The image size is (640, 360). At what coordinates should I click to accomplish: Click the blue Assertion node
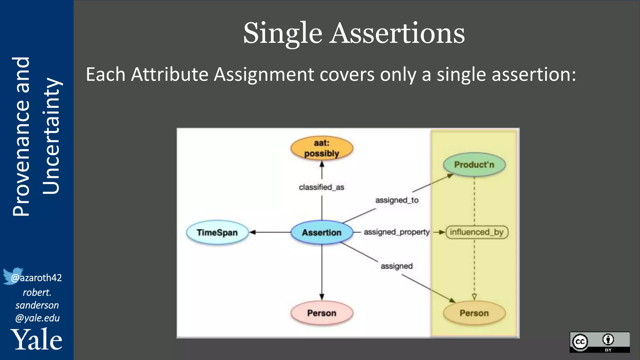coord(322,232)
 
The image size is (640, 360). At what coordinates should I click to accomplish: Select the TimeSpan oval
coord(217,232)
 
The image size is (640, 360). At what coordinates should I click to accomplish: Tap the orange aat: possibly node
coord(322,148)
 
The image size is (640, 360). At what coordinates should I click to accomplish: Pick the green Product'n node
coord(474,165)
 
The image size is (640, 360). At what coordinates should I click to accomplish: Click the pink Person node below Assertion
coord(322,313)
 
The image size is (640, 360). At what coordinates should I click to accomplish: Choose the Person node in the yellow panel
coord(474,313)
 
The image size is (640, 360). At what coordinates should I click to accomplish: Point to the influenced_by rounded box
coord(477,232)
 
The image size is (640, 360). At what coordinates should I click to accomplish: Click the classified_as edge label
coord(321,187)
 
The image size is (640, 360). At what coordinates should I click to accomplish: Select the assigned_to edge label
coord(397,200)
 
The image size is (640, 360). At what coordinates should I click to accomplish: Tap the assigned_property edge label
coord(397,232)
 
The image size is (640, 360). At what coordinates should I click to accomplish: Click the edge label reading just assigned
coord(397,266)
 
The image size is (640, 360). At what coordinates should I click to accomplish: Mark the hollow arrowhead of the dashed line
coord(474,296)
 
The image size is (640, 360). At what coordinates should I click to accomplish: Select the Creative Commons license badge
coord(599,342)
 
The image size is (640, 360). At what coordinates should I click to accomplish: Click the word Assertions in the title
coord(397,33)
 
